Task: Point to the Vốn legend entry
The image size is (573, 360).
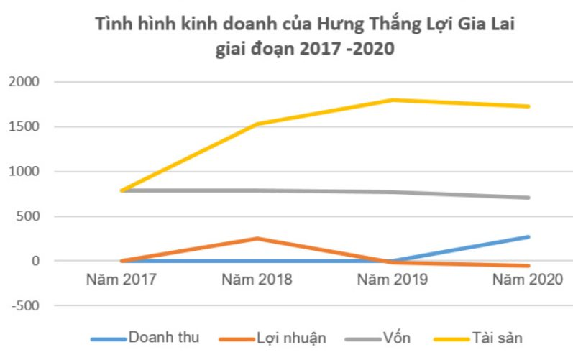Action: (385, 337)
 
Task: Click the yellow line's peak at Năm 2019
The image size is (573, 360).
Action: (393, 100)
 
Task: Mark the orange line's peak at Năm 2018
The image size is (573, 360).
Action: (257, 239)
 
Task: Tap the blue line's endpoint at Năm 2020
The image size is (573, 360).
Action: (528, 236)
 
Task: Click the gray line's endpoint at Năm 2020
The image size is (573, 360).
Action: (528, 198)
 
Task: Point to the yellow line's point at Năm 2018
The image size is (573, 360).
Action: (257, 124)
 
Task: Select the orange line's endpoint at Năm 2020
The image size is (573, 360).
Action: (528, 266)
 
